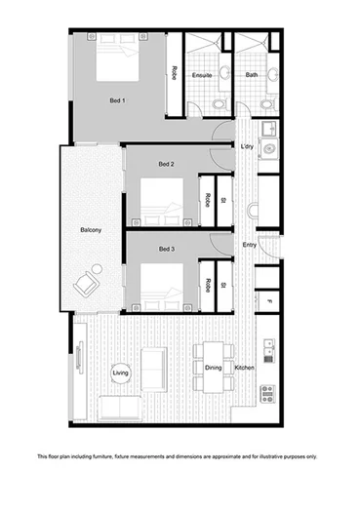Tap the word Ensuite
tap(203, 74)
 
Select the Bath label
tap(252, 74)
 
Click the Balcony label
tap(93, 231)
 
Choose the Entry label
tap(250, 245)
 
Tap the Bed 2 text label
tap(167, 163)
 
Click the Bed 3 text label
tap(167, 249)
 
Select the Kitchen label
tap(244, 368)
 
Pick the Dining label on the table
tap(213, 368)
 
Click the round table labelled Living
tap(121, 373)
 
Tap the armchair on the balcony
tap(90, 283)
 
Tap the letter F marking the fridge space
tap(269, 302)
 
